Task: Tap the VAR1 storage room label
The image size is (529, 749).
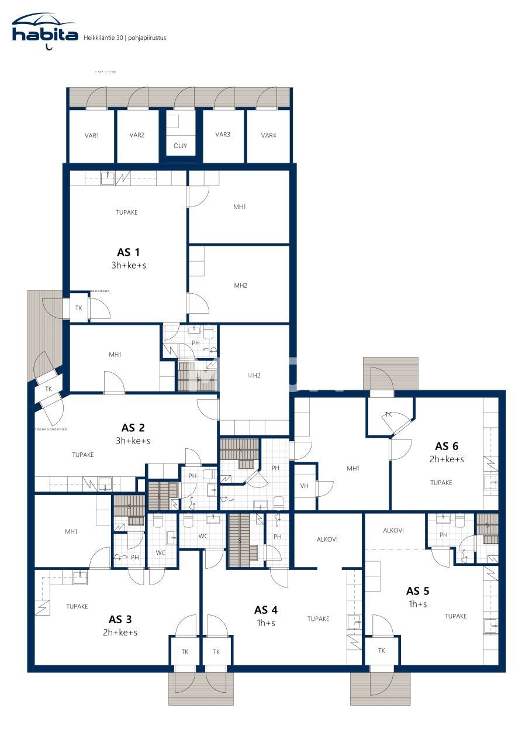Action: click(92, 136)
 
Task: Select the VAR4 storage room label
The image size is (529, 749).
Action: click(268, 136)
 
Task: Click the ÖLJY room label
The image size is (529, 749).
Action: click(181, 146)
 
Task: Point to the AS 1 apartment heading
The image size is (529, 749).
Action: click(129, 252)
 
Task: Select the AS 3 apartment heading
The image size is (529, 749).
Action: click(120, 619)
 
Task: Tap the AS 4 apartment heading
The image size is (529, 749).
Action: click(265, 610)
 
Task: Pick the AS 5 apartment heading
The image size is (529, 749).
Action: click(417, 590)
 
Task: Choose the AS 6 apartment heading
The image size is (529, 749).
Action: click(447, 446)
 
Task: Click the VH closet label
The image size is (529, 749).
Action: click(304, 486)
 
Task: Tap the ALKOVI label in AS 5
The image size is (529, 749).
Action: click(393, 531)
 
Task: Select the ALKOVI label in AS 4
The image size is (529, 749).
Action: click(327, 540)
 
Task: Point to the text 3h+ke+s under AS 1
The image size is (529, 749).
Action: click(129, 265)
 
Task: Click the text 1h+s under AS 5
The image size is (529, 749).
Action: click(417, 604)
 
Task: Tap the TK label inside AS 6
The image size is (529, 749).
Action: click(388, 414)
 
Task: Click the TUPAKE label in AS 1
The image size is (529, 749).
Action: click(127, 212)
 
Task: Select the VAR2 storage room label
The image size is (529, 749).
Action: click(137, 135)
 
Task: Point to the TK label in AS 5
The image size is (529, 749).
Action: click(381, 651)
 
